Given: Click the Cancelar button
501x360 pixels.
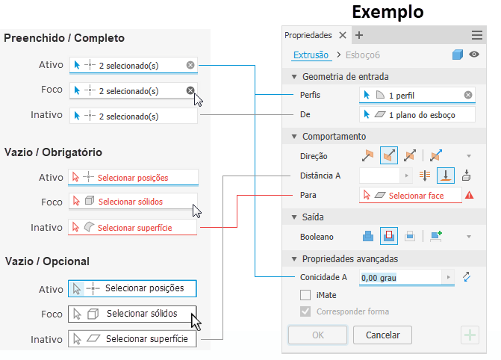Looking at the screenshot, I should (x=382, y=335).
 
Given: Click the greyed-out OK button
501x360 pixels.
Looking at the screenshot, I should (x=317, y=335).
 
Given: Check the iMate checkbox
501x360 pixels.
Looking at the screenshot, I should (x=305, y=295).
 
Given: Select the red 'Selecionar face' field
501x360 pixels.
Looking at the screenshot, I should (x=410, y=195).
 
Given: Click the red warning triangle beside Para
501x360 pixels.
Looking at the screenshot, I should (x=470, y=195).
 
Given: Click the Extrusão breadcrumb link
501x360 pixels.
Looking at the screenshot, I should (x=310, y=55).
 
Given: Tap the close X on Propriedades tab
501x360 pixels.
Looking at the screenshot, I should (x=343, y=35).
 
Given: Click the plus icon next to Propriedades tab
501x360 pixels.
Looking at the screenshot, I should (x=359, y=35).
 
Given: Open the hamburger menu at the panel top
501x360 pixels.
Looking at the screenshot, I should (x=476, y=35).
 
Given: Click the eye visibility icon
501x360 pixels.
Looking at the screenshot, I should (x=473, y=55).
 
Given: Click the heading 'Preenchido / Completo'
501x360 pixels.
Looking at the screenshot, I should (x=64, y=38).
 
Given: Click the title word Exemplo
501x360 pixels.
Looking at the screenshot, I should (x=388, y=12).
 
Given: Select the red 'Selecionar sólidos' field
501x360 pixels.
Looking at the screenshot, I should (x=133, y=202).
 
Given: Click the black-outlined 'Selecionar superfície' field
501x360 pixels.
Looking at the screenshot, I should (x=133, y=338).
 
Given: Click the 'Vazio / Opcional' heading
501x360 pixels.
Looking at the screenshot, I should (x=47, y=261).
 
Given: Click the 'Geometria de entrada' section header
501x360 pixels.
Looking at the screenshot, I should (x=345, y=76).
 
